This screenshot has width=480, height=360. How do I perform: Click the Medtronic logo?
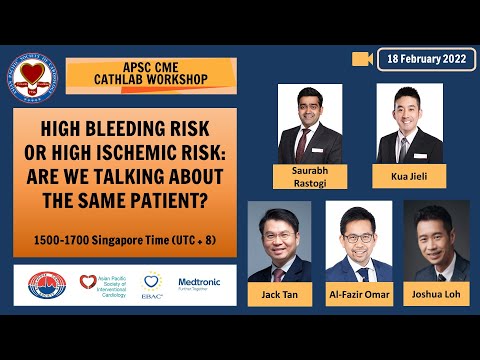pyautogui.click(x=200, y=284)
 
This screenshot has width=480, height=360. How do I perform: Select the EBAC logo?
pyautogui.click(x=152, y=285)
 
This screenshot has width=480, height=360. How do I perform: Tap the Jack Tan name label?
pyautogui.click(x=280, y=296)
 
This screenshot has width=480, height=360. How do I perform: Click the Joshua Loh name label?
pyautogui.click(x=436, y=296)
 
